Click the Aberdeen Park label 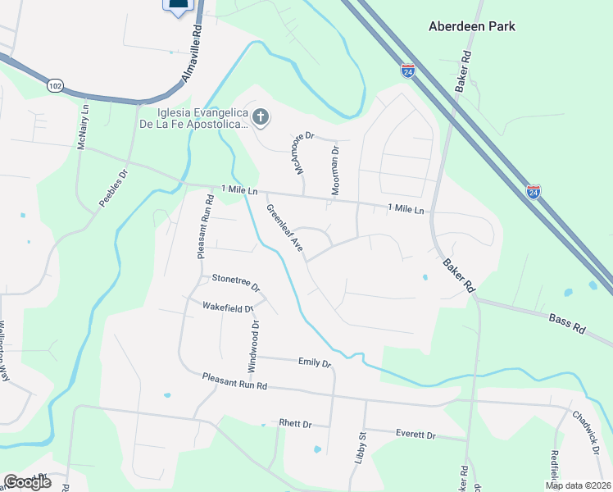(472, 26)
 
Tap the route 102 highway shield (55, 85)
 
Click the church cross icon (261, 117)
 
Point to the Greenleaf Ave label (285, 228)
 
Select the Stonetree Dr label (235, 283)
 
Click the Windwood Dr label (253, 344)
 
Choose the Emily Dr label (314, 362)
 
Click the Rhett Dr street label (296, 424)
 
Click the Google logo (27, 482)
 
